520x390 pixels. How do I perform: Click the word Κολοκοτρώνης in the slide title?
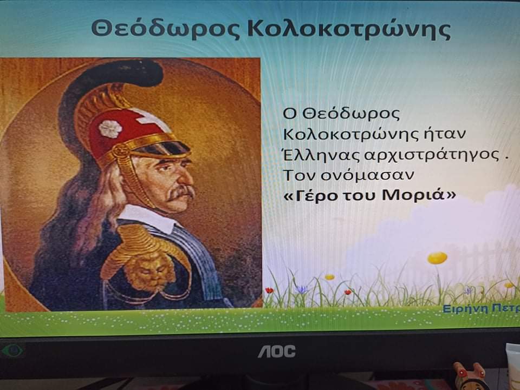point(349,29)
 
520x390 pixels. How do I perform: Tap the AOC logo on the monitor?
point(277,351)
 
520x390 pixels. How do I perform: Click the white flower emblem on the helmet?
point(110,128)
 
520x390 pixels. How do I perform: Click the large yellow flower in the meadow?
point(437,257)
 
